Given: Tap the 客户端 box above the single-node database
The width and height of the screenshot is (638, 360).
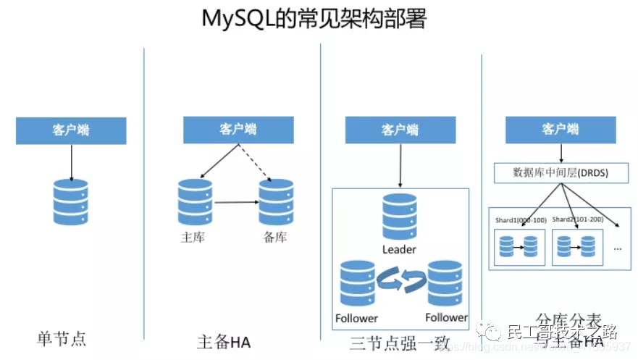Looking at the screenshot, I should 71,130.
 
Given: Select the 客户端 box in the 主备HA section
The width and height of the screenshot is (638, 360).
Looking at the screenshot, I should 238,129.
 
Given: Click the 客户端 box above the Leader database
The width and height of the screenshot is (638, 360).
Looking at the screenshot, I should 400,130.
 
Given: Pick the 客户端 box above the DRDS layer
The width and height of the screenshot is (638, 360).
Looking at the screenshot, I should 561,128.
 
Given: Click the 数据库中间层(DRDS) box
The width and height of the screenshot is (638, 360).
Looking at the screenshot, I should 561,172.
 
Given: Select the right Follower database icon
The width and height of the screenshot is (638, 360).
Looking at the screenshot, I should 445,285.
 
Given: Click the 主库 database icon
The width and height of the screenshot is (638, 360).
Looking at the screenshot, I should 195,202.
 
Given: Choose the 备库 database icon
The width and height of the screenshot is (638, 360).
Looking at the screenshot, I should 277,202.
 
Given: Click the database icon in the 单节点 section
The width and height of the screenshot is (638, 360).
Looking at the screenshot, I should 70,202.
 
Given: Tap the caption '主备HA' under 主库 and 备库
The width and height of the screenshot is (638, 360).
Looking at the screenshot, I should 224,341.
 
